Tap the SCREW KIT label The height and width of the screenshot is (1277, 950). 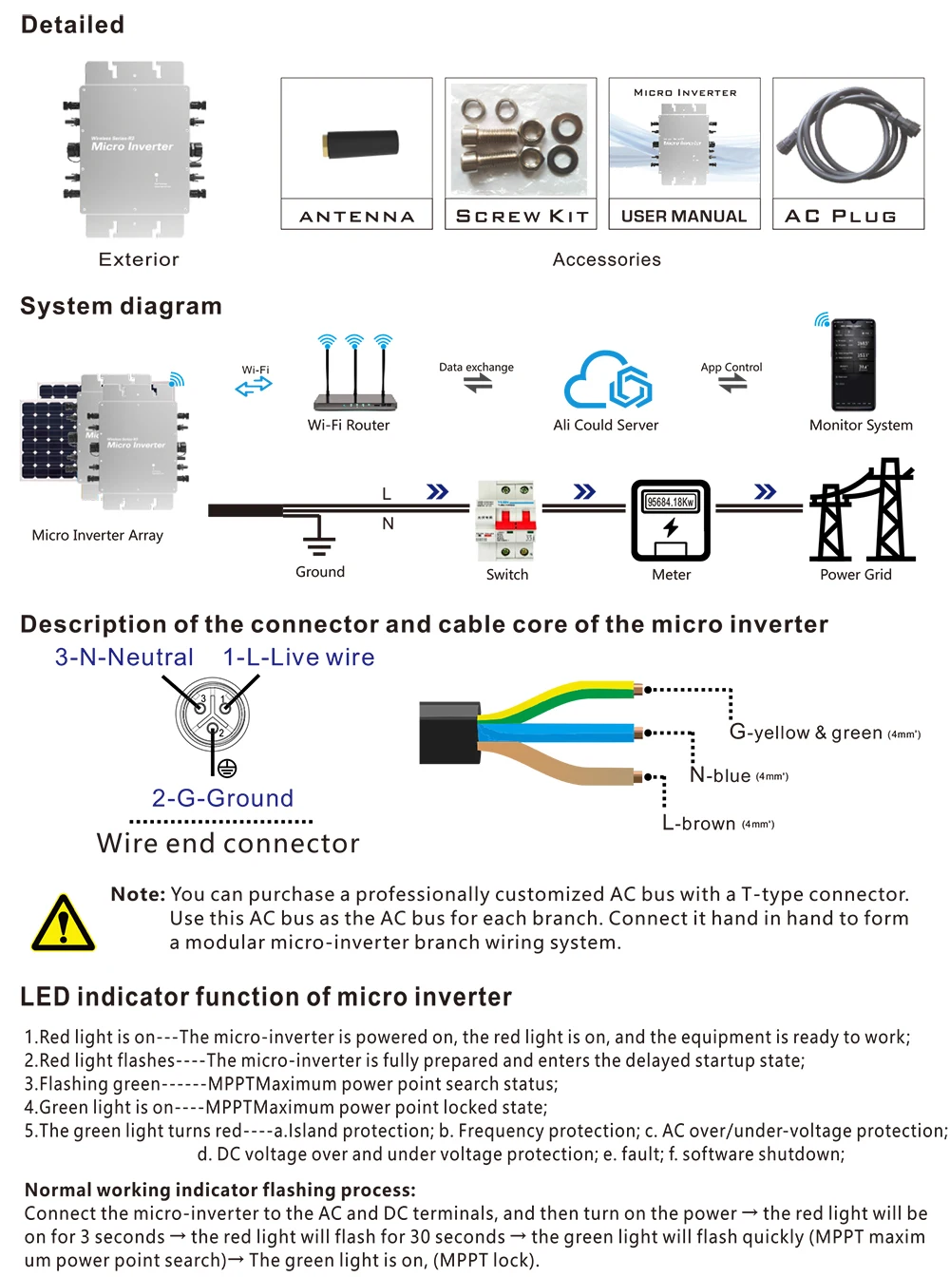pyautogui.click(x=522, y=217)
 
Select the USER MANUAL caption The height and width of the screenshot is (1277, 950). pyautogui.click(x=684, y=217)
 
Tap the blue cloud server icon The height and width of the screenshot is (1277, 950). pyautogui.click(x=607, y=380)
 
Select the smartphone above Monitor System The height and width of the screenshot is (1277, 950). pyautogui.click(x=853, y=365)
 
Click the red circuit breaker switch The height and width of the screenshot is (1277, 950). pyautogui.click(x=507, y=521)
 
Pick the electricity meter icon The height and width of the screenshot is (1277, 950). pyautogui.click(x=671, y=521)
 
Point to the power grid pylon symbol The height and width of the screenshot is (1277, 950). pyautogui.click(x=862, y=513)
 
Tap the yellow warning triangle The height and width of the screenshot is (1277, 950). pyautogui.click(x=63, y=924)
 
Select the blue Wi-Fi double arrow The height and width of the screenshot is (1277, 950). pyautogui.click(x=254, y=386)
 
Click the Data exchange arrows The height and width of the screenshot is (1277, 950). pyautogui.click(x=478, y=383)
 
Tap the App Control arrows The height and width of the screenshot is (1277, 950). pyautogui.click(x=732, y=383)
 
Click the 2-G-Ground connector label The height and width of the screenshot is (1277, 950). pyautogui.click(x=222, y=798)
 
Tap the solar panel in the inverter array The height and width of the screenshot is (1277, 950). pyautogui.click(x=48, y=437)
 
